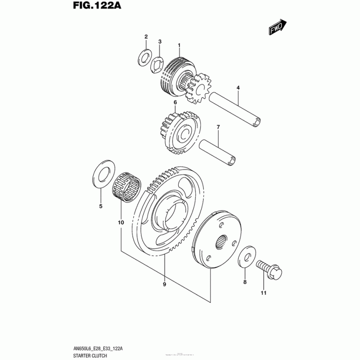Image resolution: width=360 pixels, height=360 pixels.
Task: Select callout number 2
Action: click(x=146, y=36)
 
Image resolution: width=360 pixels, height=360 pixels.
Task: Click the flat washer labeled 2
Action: click(x=144, y=57)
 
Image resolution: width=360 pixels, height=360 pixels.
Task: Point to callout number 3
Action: click(x=160, y=42)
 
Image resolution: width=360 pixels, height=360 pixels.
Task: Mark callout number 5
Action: click(x=100, y=206)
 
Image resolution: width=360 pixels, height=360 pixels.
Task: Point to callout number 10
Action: click(x=120, y=221)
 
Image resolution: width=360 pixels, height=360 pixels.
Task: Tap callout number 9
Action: click(x=164, y=284)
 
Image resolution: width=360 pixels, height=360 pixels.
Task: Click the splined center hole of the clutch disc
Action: click(x=222, y=242)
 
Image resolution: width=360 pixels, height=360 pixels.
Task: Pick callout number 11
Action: click(x=263, y=293)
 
